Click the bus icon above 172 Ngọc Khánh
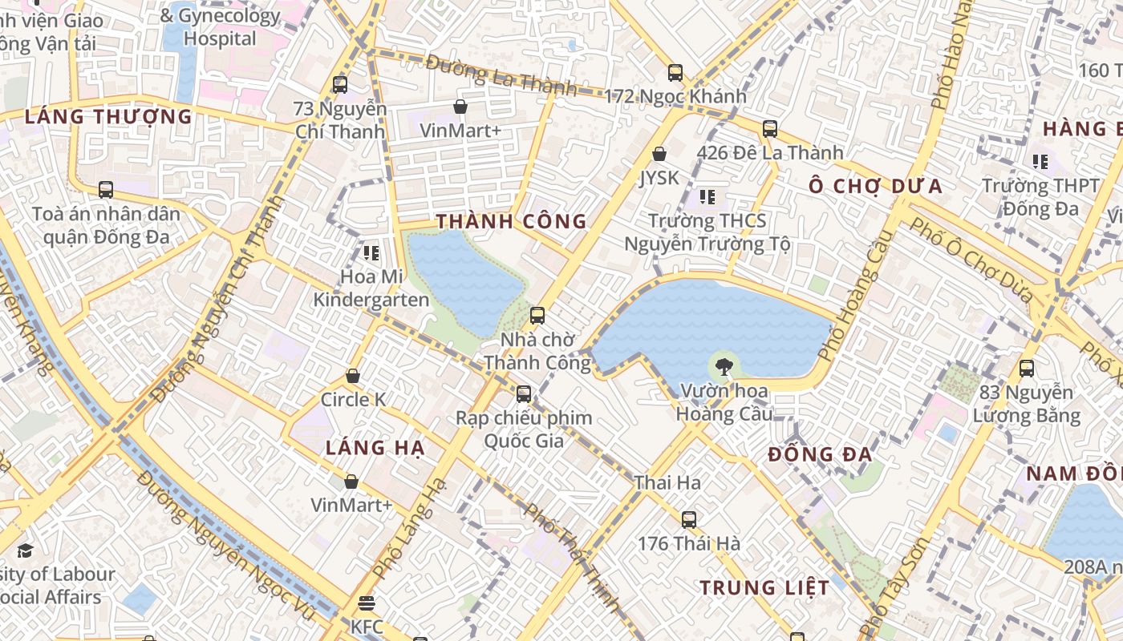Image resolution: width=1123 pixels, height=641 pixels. (x=675, y=73)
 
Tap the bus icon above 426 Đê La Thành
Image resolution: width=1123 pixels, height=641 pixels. (x=770, y=128)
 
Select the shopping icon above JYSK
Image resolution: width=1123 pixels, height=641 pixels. (x=659, y=153)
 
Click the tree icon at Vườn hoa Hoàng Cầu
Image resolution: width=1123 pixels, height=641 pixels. (x=724, y=367)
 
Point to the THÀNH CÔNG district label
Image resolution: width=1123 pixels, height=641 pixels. (x=511, y=222)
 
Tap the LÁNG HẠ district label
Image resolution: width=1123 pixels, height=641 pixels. (x=375, y=448)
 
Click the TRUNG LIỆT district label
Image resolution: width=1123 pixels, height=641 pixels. (x=764, y=587)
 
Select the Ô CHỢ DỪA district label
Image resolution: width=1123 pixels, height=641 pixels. (x=875, y=187)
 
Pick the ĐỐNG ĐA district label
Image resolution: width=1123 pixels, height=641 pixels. (x=820, y=454)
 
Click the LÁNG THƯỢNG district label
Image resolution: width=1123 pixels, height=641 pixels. (x=108, y=116)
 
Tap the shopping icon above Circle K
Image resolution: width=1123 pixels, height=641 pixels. (x=353, y=376)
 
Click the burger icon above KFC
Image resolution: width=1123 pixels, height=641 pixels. (x=367, y=603)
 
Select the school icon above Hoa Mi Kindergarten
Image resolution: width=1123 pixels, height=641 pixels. (x=371, y=253)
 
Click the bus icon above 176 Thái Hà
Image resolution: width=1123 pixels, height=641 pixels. (x=689, y=519)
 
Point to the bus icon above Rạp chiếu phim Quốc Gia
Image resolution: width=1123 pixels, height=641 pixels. (x=524, y=393)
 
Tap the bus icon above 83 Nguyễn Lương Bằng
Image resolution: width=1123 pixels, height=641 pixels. (x=1027, y=369)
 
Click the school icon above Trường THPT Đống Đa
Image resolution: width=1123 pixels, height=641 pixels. (x=1040, y=162)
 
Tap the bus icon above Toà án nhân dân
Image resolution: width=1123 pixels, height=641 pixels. (x=106, y=190)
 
